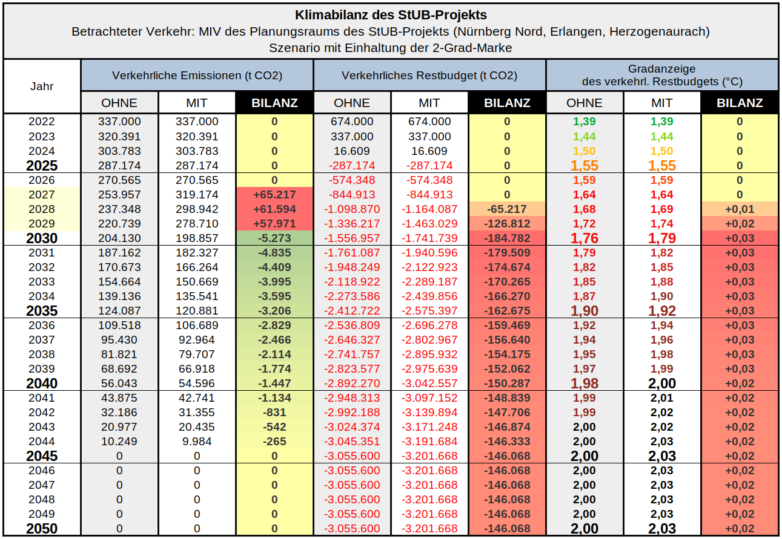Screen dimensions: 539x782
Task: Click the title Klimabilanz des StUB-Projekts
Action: [x=391, y=15]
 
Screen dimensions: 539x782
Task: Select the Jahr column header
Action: [x=42, y=86]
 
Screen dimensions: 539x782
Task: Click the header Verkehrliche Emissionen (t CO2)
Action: [x=197, y=76]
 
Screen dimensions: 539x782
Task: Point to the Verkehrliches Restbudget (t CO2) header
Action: [x=429, y=76]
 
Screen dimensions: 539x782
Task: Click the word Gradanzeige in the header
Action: [x=662, y=69]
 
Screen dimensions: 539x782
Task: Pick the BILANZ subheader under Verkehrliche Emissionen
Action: [x=274, y=103]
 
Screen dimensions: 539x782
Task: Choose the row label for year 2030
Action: [x=42, y=238]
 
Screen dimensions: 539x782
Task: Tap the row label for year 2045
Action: [x=42, y=456]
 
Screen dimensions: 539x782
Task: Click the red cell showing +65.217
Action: [x=274, y=195]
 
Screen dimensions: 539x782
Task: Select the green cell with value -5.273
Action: [x=274, y=238]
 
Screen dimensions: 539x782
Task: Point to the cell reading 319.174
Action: [x=197, y=195]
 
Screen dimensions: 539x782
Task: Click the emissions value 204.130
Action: [x=119, y=238]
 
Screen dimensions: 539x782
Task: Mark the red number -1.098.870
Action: [x=352, y=209]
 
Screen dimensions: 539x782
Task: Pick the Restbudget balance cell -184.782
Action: [x=507, y=238]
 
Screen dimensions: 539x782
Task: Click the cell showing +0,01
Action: [x=740, y=209]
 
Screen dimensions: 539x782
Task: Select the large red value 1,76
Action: [x=585, y=238]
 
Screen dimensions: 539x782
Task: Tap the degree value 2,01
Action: [x=662, y=398]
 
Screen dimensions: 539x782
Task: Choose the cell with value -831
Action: [x=274, y=413]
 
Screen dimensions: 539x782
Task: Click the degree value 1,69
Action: [x=662, y=209]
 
